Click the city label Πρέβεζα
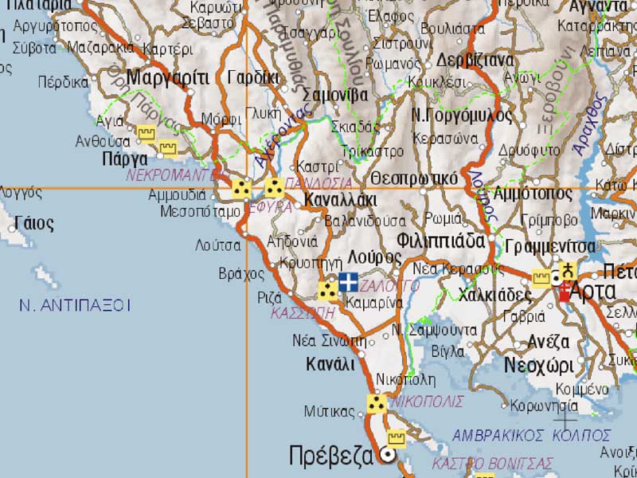(x=330, y=456)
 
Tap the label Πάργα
(x=117, y=159)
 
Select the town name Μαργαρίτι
(x=167, y=78)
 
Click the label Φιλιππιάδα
(x=440, y=240)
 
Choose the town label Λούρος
(x=375, y=257)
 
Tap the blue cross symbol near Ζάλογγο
(x=348, y=281)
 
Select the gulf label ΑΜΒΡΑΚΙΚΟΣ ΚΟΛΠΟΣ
(x=531, y=435)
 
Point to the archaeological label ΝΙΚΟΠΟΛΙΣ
(x=427, y=402)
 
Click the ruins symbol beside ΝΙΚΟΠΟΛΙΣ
(x=377, y=404)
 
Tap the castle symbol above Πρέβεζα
(x=396, y=438)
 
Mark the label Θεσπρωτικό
(x=414, y=178)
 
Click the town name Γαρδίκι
(x=253, y=78)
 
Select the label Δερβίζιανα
(x=475, y=61)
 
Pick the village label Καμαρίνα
(x=374, y=303)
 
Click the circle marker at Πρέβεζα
(x=389, y=456)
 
